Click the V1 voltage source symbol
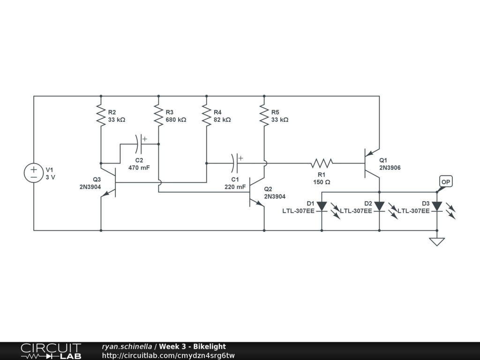[x=34, y=173]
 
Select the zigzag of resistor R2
[x=101, y=116]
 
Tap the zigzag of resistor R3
[x=158, y=116]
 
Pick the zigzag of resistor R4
[x=206, y=116]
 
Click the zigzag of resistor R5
[x=264, y=116]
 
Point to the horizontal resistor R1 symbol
[x=322, y=164]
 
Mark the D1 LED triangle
[x=322, y=206]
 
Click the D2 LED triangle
[x=379, y=206]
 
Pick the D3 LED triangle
[x=437, y=206]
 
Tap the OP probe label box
[x=446, y=182]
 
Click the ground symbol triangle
[x=437, y=242]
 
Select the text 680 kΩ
[x=176, y=120]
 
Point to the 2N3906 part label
[x=390, y=168]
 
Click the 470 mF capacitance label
[x=139, y=168]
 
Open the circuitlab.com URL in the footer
[x=168, y=355]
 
